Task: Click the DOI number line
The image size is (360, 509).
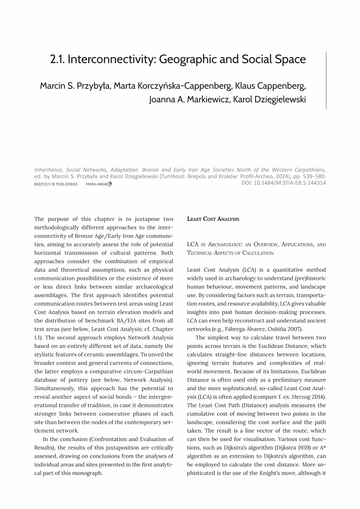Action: coord(283,183)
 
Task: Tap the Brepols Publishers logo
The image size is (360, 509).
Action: coord(56,184)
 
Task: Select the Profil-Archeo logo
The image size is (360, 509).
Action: coord(99,184)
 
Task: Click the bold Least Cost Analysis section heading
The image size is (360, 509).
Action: coord(213,219)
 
